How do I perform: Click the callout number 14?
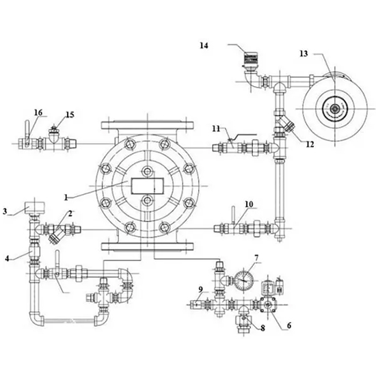204,46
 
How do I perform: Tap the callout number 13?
304,53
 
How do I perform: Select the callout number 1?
66,198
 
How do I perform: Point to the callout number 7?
256,258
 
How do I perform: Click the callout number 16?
38,113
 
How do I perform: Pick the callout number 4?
8,258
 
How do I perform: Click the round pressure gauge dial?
243,280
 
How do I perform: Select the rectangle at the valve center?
148,185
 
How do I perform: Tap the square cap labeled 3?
35,208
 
